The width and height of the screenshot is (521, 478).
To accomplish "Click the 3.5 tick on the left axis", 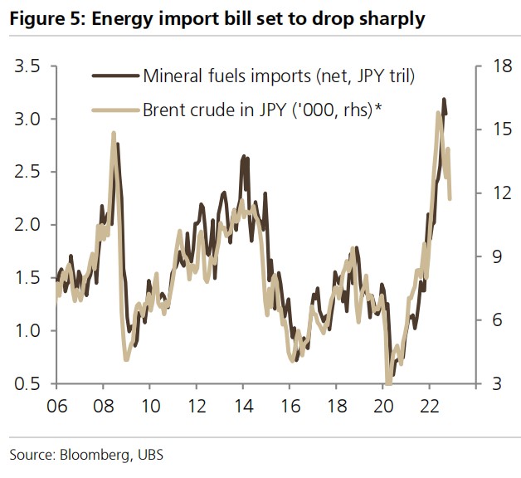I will [29, 66].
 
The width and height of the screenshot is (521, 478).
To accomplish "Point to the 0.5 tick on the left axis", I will [29, 384].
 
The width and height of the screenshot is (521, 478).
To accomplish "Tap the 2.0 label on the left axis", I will [29, 225].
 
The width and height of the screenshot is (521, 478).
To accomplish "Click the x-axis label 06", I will [56, 408].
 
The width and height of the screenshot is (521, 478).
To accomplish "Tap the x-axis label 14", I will [243, 408].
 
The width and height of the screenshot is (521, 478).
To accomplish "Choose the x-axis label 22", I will [430, 408].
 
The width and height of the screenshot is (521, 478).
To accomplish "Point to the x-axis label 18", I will [337, 408].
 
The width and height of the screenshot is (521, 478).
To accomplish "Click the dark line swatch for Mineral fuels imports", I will [114, 76].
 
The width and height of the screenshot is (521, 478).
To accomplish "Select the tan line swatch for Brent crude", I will [114, 108].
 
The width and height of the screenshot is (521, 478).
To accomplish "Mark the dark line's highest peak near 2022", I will [444, 99].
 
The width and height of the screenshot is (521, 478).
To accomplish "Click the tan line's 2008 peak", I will [113, 133].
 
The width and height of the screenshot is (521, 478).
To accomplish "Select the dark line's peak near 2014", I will [245, 155].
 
